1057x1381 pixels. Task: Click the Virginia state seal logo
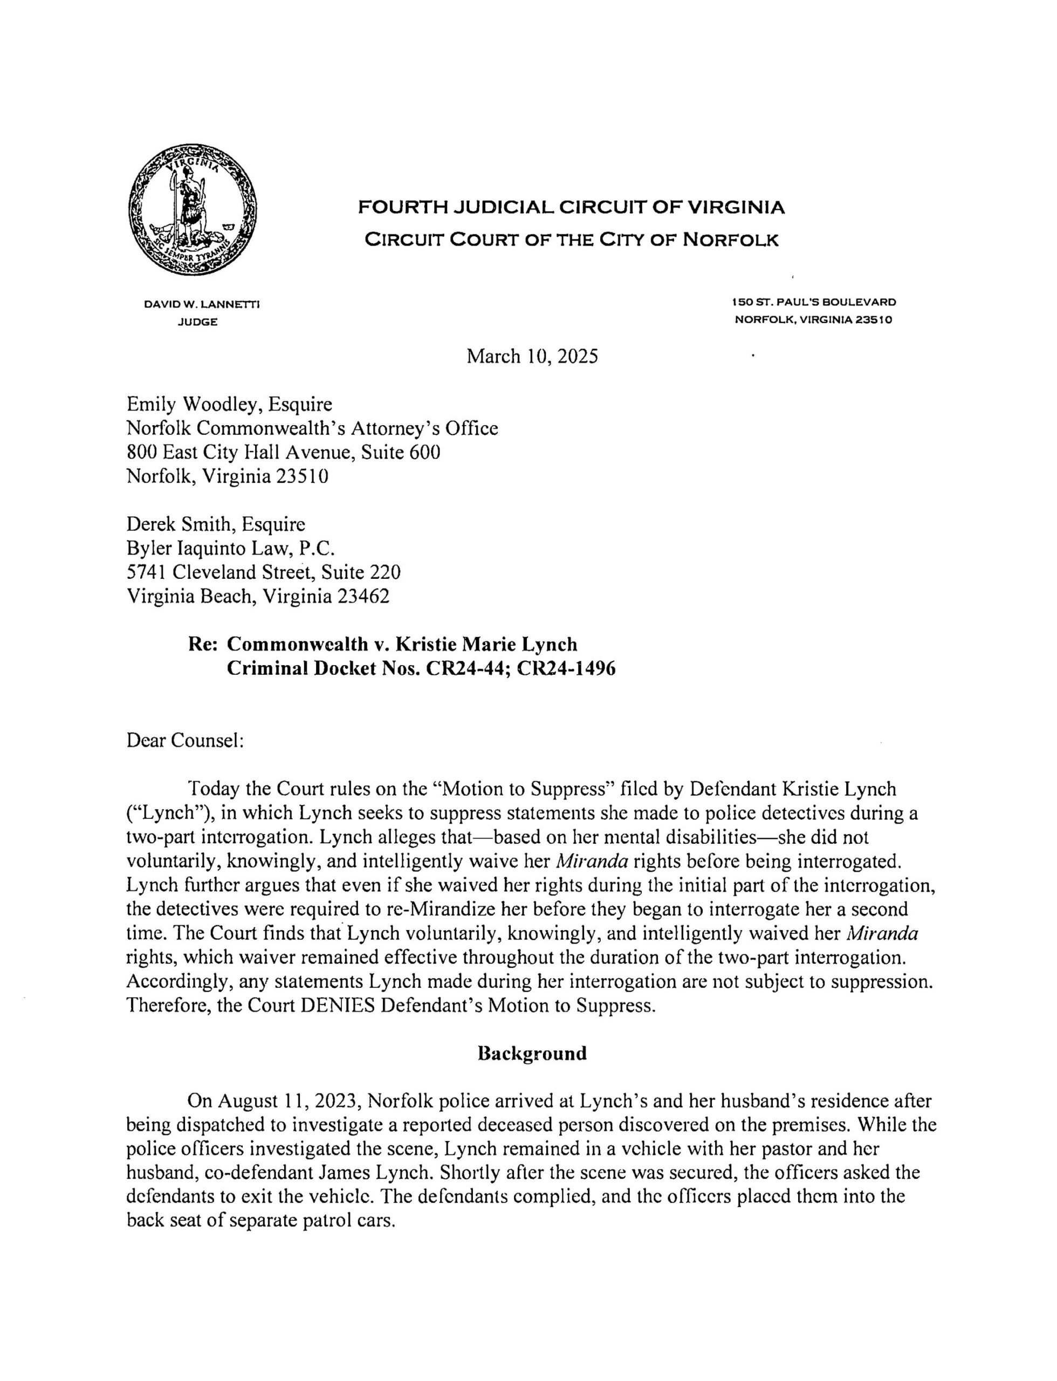pos(192,210)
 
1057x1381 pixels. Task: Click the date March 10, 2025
pos(532,357)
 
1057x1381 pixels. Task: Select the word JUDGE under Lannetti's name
pos(197,322)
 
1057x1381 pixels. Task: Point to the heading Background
pos(532,1054)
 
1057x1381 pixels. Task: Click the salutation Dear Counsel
pos(184,740)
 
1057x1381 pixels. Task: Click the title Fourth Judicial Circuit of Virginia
pos(571,208)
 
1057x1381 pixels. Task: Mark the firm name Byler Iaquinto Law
pos(208,548)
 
